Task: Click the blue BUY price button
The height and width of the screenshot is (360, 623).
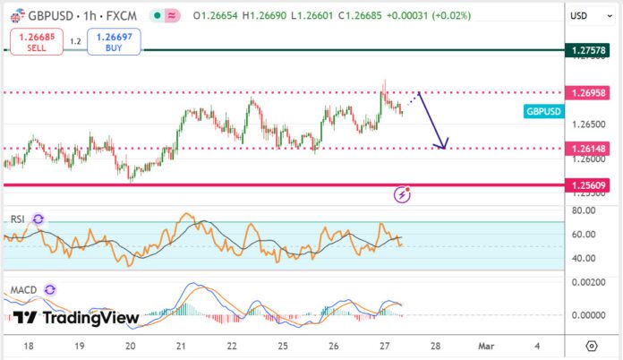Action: pyautogui.click(x=114, y=42)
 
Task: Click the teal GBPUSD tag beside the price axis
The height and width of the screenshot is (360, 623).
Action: pyautogui.click(x=544, y=111)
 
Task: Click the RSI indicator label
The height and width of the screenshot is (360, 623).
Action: pyautogui.click(x=17, y=219)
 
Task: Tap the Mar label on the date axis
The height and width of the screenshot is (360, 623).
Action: pyautogui.click(x=484, y=345)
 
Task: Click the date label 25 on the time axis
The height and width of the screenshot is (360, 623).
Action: pyautogui.click(x=284, y=345)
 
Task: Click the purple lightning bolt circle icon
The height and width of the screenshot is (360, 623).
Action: pyautogui.click(x=403, y=193)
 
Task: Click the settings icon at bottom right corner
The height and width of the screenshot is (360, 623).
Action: pyautogui.click(x=591, y=345)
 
